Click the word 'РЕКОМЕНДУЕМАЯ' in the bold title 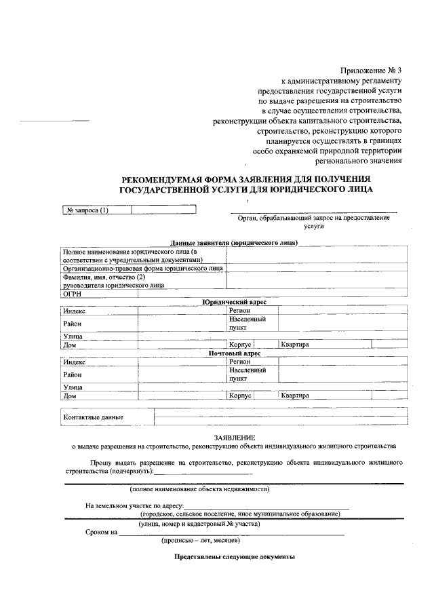tap(161, 179)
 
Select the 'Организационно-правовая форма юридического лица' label tap(142, 269)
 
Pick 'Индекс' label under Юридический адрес tap(74, 310)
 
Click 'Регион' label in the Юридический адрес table tap(240, 310)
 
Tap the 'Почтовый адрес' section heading tap(234, 353)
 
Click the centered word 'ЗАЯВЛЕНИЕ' tap(234, 438)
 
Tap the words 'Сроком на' tap(101, 533)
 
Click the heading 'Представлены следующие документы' tap(234, 557)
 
